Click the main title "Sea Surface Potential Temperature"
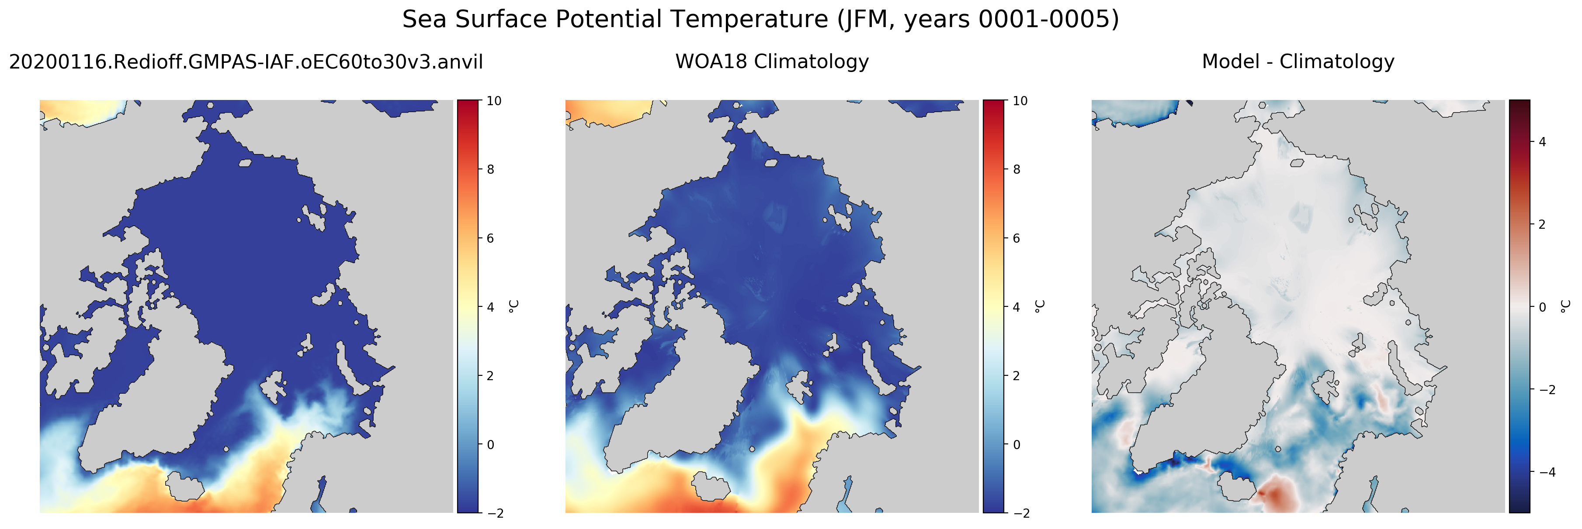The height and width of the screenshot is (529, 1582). tap(615, 20)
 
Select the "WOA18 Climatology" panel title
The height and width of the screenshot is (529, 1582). tap(772, 62)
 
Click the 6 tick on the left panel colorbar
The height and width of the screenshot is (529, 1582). tap(490, 238)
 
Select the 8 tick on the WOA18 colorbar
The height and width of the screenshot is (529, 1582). tap(1017, 169)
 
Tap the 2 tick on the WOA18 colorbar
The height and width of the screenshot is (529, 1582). tap(1017, 375)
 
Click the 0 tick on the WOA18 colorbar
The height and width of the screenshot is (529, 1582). tap(1017, 444)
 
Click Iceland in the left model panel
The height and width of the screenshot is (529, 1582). tap(185, 485)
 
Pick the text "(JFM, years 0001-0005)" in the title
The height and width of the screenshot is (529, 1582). tap(978, 20)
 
